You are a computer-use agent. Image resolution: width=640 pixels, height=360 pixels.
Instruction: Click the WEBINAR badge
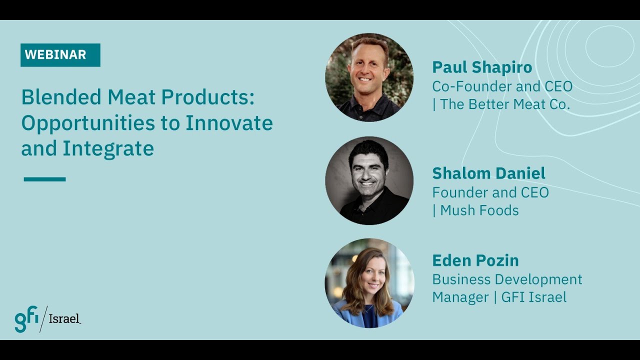coord(60,55)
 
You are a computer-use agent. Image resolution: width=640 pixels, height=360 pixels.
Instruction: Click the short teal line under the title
coord(44,179)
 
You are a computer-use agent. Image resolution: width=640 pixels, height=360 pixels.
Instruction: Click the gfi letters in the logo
coord(25,319)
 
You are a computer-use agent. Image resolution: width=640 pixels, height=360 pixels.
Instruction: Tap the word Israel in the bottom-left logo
coord(64,318)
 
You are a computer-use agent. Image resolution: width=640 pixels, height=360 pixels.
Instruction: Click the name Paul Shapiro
coord(482,67)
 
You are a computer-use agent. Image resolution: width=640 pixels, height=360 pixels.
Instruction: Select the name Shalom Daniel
coord(488,173)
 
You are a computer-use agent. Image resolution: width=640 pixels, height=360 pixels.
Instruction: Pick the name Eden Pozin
coord(475,260)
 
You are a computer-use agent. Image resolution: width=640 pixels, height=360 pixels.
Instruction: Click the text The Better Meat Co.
coord(505,105)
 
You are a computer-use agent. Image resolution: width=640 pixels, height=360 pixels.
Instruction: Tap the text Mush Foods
coord(479,210)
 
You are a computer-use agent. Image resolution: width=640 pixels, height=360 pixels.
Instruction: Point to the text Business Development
coord(507,279)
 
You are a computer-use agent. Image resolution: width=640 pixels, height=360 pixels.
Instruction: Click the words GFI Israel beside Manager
coord(534,297)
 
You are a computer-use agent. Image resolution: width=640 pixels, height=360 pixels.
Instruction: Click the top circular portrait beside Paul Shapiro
coord(369,77)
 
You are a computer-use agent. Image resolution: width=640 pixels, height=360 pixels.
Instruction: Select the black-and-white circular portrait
coord(369,180)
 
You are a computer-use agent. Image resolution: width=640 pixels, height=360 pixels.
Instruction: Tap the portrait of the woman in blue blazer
coord(369,283)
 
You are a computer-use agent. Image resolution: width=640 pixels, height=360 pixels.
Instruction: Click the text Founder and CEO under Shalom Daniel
coord(490,192)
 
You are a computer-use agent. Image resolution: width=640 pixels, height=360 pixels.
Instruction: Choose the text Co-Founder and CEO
coord(502,86)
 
